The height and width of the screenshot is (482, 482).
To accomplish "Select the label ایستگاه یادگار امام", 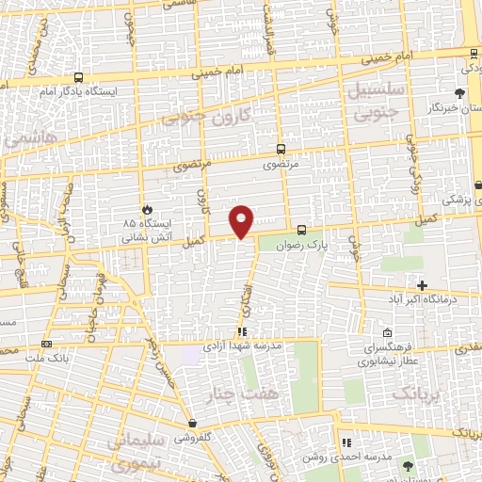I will click(71, 91).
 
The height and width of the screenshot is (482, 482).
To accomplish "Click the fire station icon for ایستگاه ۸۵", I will click(146, 209).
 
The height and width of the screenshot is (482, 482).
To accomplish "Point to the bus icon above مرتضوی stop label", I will click(281, 149).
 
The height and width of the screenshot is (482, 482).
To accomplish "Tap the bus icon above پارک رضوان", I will click(301, 230).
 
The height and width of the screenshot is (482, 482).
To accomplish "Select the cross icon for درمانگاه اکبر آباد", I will click(422, 285).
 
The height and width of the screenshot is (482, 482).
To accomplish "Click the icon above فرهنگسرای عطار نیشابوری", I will click(387, 330).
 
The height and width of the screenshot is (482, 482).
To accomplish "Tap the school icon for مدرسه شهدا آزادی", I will click(242, 332).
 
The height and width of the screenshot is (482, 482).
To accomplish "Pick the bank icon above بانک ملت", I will click(47, 345).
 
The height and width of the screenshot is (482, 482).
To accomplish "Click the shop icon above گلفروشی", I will click(192, 424).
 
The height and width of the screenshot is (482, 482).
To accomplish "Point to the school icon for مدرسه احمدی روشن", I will click(345, 442).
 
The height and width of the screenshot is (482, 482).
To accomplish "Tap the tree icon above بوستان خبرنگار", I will click(459, 93).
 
